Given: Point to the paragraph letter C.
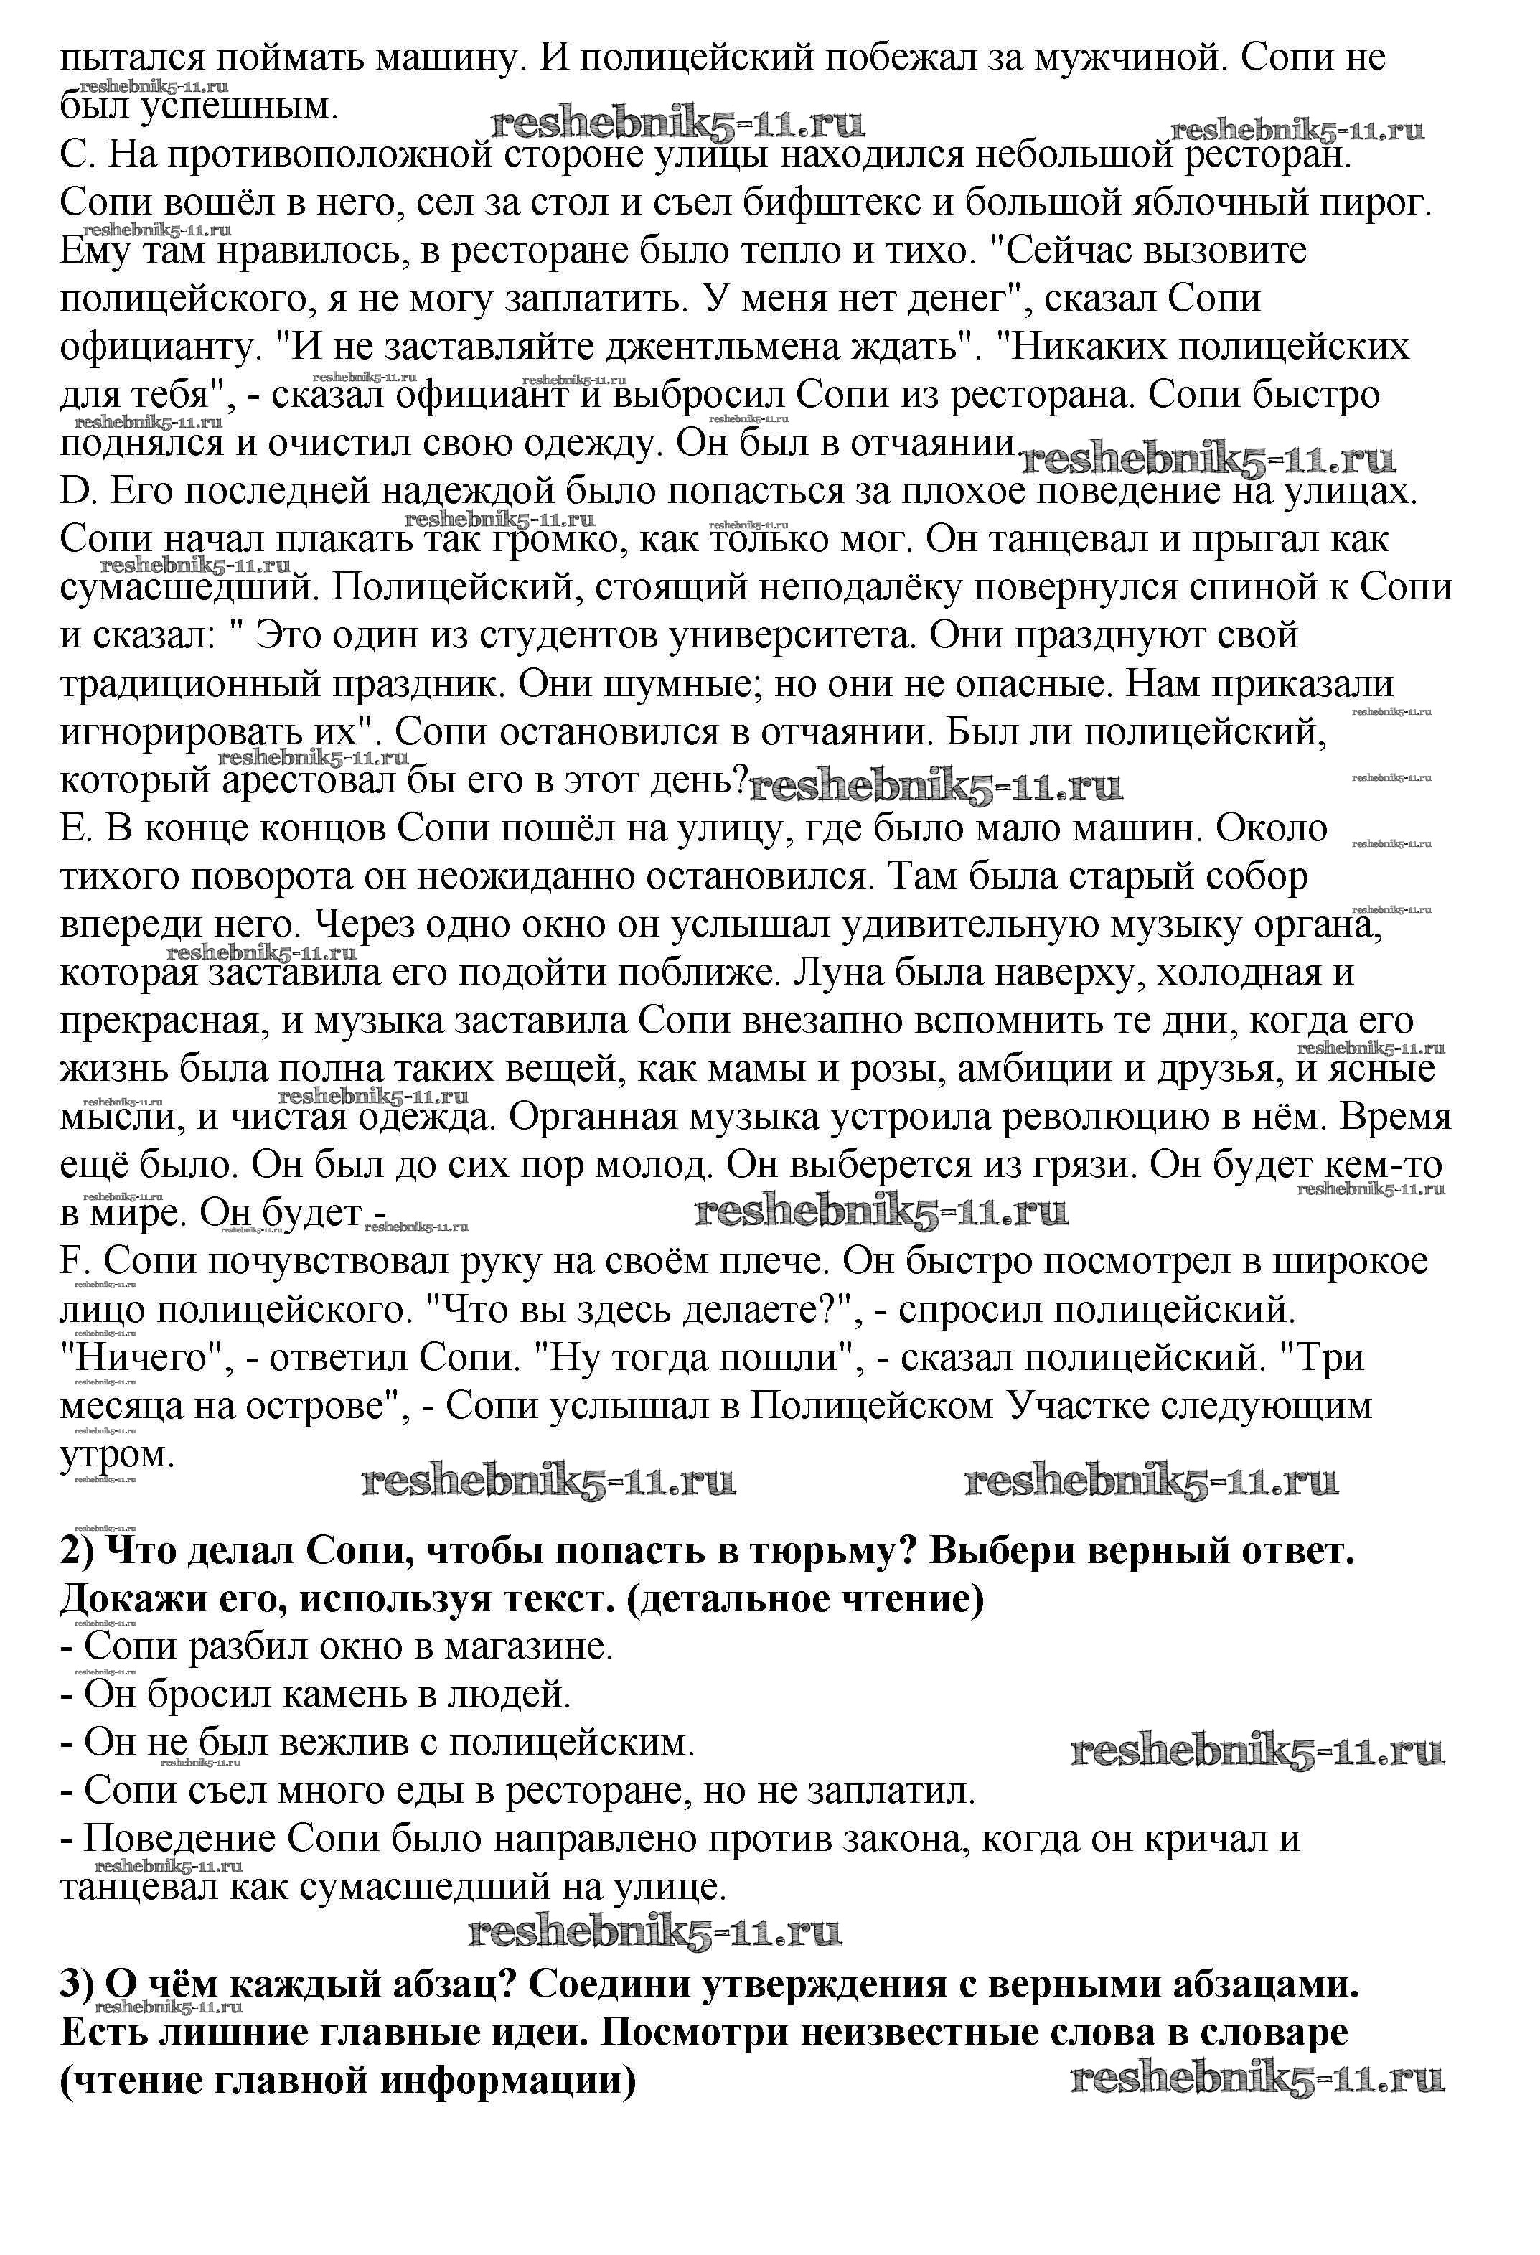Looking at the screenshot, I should click(x=75, y=155).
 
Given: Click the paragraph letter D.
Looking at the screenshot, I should click(x=75, y=492).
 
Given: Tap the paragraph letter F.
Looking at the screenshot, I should click(x=72, y=1262).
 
